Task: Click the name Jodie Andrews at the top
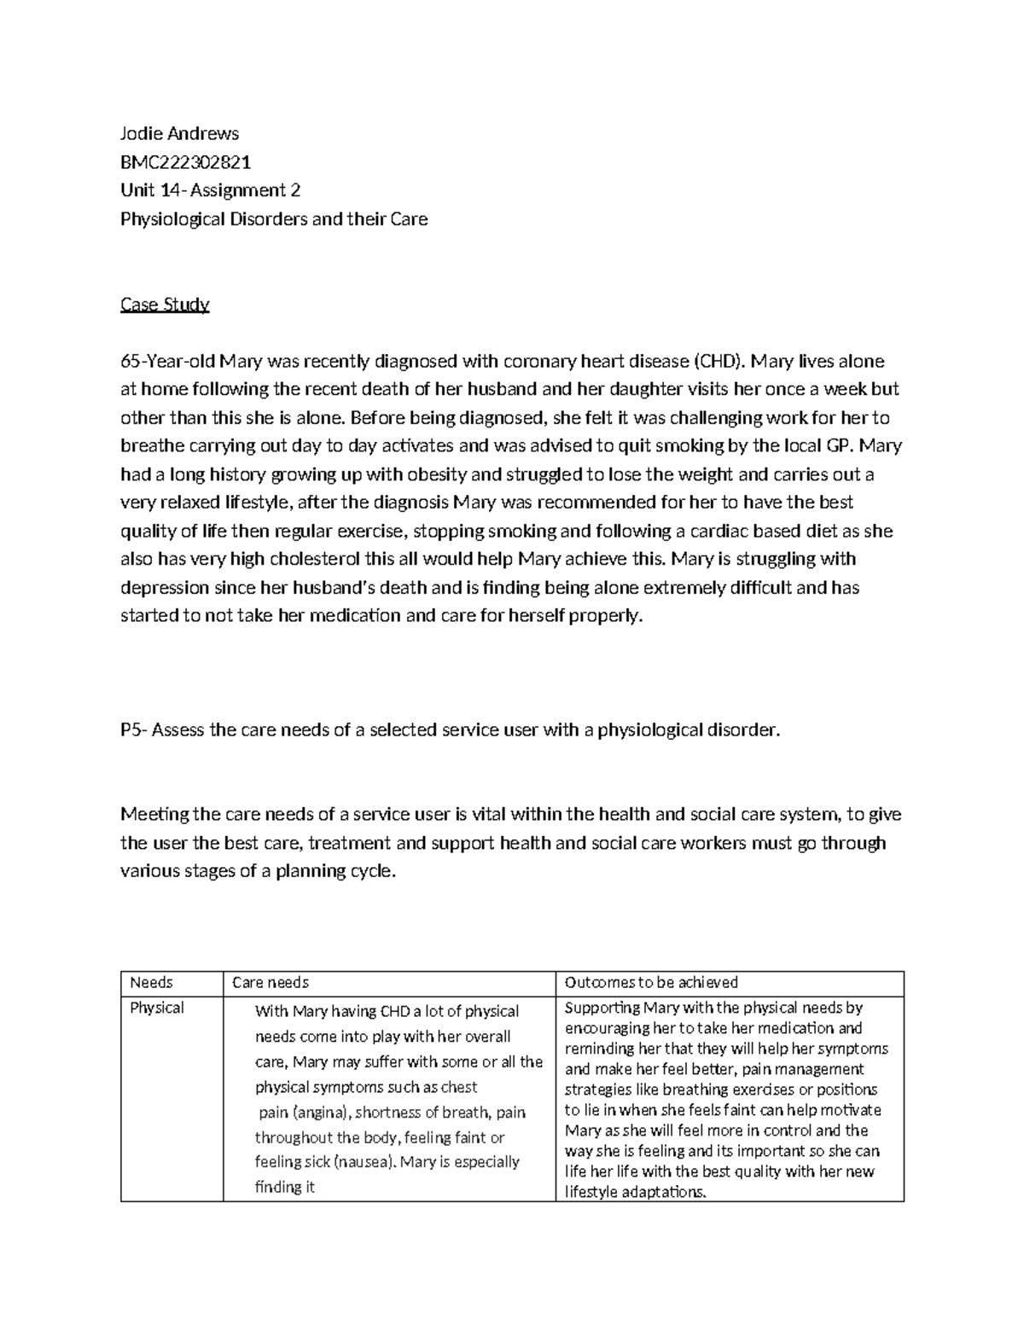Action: point(179,133)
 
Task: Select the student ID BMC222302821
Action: point(185,162)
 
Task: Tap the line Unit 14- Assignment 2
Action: point(210,190)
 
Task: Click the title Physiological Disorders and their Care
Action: point(274,219)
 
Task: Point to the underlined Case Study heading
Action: point(165,305)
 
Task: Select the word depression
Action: point(165,589)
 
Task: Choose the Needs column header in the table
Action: point(151,983)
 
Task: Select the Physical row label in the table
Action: point(156,1008)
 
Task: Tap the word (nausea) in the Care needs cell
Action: point(364,1162)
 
